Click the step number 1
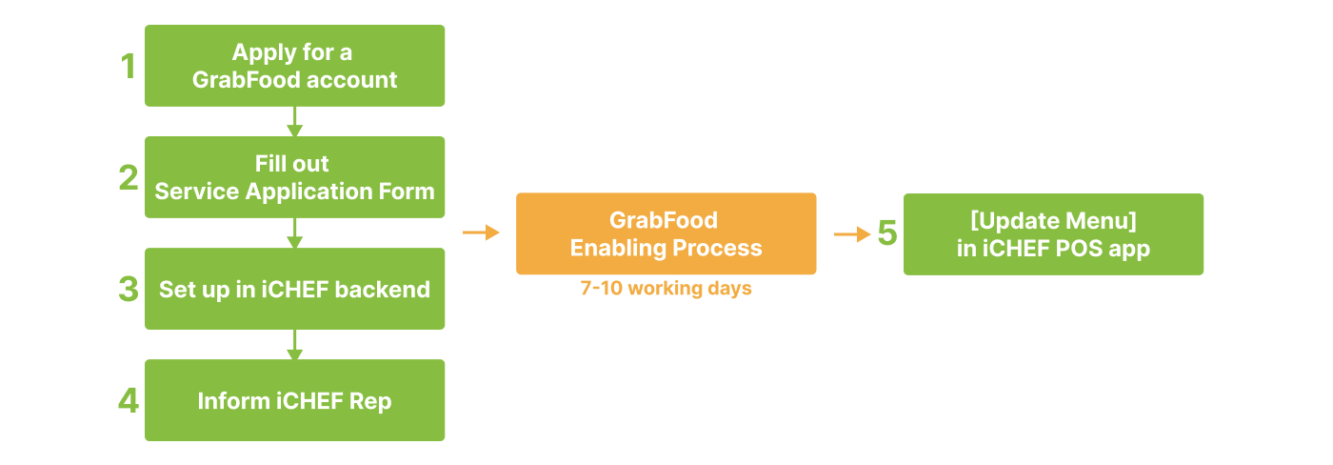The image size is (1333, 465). (x=129, y=67)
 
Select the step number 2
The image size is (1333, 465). (x=129, y=178)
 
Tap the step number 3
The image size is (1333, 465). (x=129, y=290)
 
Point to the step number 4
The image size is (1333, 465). (x=129, y=401)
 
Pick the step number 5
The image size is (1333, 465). (x=887, y=234)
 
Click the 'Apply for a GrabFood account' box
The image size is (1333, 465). (x=294, y=66)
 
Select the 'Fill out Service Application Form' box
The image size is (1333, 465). (x=294, y=177)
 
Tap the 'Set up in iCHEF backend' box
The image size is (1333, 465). (x=294, y=289)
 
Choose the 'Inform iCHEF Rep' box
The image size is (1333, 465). (x=294, y=400)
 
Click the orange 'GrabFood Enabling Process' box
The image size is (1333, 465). (x=666, y=234)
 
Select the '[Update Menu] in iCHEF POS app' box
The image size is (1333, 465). (x=1053, y=234)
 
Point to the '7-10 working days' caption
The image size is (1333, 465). (x=666, y=289)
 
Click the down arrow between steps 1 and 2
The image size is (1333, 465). (x=294, y=121)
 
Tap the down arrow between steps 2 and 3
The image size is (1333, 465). (x=294, y=232)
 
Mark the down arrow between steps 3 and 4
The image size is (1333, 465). (x=294, y=344)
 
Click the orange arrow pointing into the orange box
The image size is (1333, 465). (x=482, y=232)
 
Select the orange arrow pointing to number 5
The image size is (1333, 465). (x=852, y=234)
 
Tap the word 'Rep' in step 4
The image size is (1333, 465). (x=371, y=401)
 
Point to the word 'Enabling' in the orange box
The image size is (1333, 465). (x=619, y=249)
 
